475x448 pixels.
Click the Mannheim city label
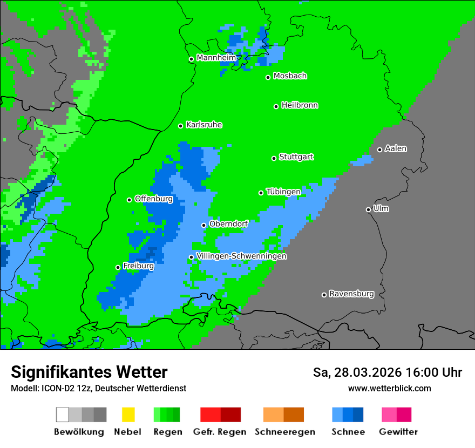coord(216,58)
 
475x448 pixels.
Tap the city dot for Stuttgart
coord(274,158)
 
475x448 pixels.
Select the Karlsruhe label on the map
coord(203,125)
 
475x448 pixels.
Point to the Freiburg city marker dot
coord(118,267)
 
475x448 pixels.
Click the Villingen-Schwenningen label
coord(241,256)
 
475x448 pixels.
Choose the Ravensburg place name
coord(351,294)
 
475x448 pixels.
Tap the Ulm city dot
coord(368,209)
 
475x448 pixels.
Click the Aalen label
coord(396,148)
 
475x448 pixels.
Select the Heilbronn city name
coord(300,105)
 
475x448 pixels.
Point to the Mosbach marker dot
coord(268,77)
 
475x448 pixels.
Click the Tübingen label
coord(283,192)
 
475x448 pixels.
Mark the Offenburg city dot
coord(129,200)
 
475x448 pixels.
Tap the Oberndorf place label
coord(228,224)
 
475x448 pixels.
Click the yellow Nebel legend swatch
coord(128,415)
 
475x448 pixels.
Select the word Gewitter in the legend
coord(398,432)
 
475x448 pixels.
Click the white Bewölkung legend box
coord(63,415)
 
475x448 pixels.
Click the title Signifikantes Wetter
coord(89,372)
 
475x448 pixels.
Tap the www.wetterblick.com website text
coord(389,388)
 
